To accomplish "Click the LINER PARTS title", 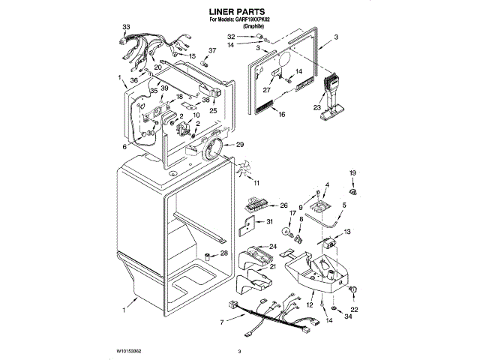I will click(x=239, y=12).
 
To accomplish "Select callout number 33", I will click(x=126, y=28).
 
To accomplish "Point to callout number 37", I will click(x=212, y=50).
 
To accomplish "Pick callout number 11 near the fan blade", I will click(x=256, y=183).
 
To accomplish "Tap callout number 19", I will click(x=353, y=174).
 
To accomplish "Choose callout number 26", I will click(x=283, y=205).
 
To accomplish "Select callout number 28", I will click(x=224, y=253).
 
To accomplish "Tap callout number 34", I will click(x=346, y=316).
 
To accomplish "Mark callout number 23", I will click(x=317, y=106).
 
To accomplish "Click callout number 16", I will click(x=282, y=115).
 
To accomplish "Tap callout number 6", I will click(x=125, y=147).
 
